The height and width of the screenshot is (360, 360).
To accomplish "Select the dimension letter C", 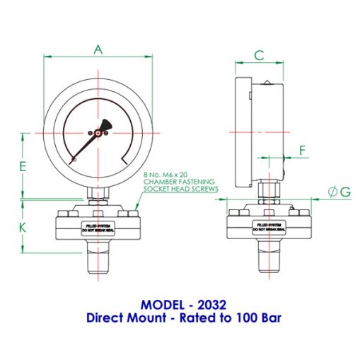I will click(259, 55).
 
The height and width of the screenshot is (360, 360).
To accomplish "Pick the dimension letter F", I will click(303, 150).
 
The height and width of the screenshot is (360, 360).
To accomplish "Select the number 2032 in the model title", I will click(212, 305).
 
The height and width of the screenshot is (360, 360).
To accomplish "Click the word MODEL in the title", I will click(163, 305).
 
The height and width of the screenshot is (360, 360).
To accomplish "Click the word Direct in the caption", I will click(105, 318).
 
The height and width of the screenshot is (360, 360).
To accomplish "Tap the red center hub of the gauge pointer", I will click(98, 132).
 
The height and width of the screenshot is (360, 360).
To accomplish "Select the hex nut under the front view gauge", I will click(98, 193).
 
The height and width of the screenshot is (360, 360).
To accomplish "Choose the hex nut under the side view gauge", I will click(269, 193).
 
